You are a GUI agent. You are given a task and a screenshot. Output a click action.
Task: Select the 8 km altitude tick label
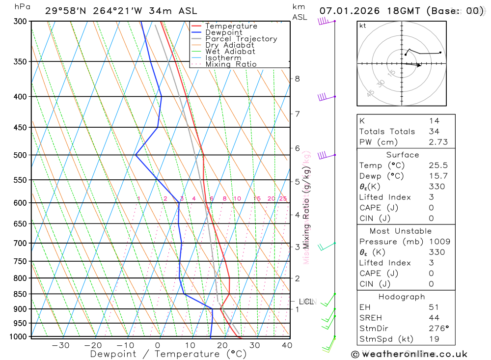[x=297, y=79]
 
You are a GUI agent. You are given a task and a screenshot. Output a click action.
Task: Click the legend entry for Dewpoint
[x=223, y=32]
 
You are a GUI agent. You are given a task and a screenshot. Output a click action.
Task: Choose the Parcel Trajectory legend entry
[x=241, y=39]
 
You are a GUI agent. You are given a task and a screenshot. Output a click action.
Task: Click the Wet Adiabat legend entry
[x=230, y=52]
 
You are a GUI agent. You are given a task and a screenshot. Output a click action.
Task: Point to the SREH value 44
[x=434, y=318]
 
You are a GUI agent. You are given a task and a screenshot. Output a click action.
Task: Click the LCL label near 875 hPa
[x=306, y=302]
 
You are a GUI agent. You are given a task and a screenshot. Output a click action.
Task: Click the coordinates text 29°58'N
[x=63, y=11]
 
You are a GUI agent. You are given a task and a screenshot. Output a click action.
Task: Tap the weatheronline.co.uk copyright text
[x=409, y=354]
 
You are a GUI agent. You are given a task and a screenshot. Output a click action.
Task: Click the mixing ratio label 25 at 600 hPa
[x=283, y=198]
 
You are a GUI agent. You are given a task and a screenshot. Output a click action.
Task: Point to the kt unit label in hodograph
[x=363, y=26]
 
